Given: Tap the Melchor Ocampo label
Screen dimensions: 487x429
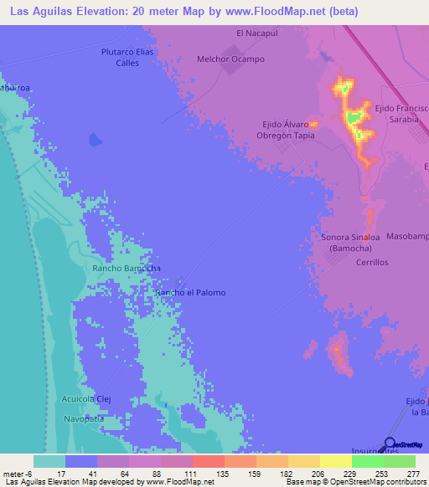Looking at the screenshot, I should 230,59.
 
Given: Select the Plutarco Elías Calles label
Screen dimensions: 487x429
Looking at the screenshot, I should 127,57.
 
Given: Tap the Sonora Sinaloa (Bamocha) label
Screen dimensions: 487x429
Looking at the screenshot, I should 350,243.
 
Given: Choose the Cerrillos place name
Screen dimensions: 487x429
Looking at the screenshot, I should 372,262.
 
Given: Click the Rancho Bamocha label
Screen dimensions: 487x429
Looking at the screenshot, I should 126,268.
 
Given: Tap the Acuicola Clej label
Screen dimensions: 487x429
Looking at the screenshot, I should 86,399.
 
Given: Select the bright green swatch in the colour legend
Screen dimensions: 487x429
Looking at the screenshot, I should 367,461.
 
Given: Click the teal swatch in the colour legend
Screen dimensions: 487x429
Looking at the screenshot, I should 49,461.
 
